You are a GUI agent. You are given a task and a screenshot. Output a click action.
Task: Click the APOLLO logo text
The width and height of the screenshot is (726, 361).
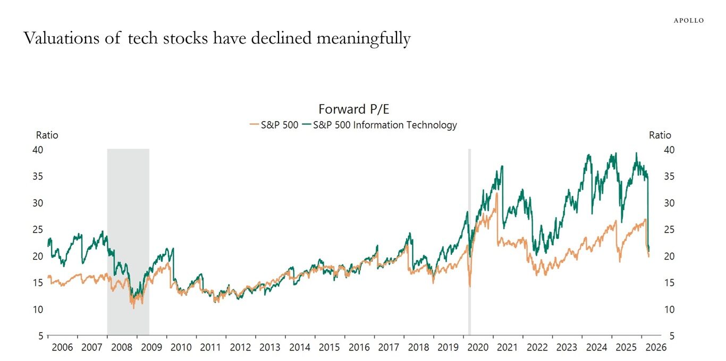[688, 21]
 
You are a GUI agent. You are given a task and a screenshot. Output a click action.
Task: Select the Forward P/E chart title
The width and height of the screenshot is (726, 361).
[353, 109]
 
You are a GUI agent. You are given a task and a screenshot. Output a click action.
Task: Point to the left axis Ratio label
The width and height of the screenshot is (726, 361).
[47, 135]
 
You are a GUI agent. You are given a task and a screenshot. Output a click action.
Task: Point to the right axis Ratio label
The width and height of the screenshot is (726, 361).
[660, 135]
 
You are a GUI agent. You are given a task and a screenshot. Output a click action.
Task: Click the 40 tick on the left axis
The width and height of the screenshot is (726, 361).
[37, 150]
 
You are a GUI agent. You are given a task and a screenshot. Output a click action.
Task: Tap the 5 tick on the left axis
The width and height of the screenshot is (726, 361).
[40, 336]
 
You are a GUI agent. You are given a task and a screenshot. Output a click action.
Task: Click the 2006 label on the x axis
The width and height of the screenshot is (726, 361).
[63, 348]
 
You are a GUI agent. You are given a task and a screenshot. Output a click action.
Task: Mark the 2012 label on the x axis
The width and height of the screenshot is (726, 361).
[240, 348]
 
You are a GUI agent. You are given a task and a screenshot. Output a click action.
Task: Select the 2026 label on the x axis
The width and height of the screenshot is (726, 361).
[655, 348]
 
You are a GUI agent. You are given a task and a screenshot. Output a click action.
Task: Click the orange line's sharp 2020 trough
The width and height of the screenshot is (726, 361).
[470, 287]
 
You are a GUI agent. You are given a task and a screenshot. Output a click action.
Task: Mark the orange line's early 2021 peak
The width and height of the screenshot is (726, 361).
[496, 194]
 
